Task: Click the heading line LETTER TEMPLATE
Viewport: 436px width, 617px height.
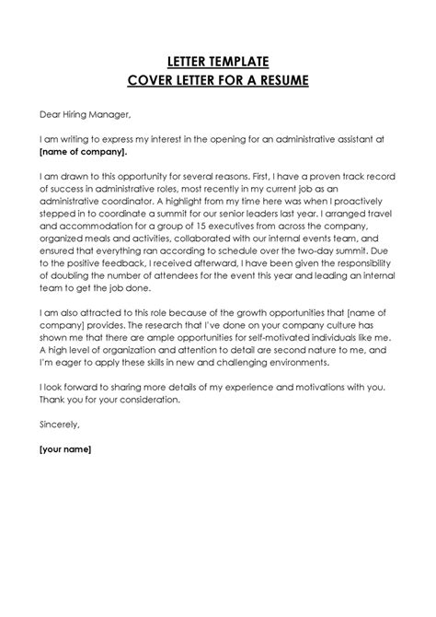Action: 218,62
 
